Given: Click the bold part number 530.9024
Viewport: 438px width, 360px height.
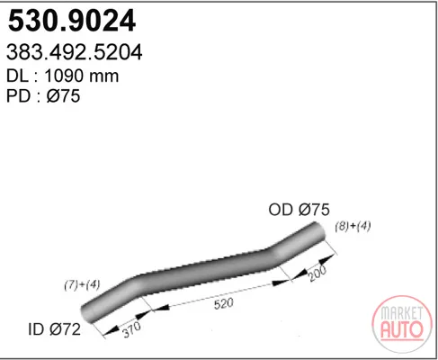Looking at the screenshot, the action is click(x=72, y=21).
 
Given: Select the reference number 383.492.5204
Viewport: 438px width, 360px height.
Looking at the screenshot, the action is click(x=74, y=52).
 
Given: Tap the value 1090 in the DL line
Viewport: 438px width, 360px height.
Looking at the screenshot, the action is click(x=63, y=76).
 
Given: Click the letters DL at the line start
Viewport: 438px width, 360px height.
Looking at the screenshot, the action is click(x=17, y=76).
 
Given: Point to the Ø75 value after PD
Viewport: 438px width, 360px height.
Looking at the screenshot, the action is click(x=63, y=96).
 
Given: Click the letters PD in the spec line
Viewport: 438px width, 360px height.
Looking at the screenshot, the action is click(x=18, y=96).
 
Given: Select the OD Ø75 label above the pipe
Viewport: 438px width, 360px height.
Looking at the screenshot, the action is click(x=299, y=210).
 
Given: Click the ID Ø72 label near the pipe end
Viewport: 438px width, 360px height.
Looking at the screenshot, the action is click(x=54, y=329).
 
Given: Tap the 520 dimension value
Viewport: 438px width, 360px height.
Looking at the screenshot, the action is click(x=224, y=303).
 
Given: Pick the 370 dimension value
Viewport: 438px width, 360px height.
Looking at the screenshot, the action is click(x=132, y=329).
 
